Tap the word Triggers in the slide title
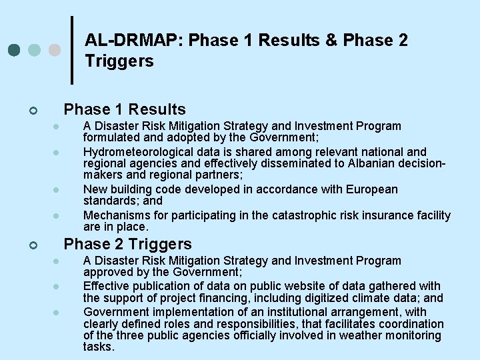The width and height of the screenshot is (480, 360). click(x=119, y=62)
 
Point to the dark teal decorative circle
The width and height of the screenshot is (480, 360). click(x=14, y=50)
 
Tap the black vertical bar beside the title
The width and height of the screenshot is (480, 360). click(x=72, y=50)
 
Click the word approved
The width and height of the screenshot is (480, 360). click(x=107, y=273)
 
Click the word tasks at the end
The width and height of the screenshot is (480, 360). click(x=99, y=347)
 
